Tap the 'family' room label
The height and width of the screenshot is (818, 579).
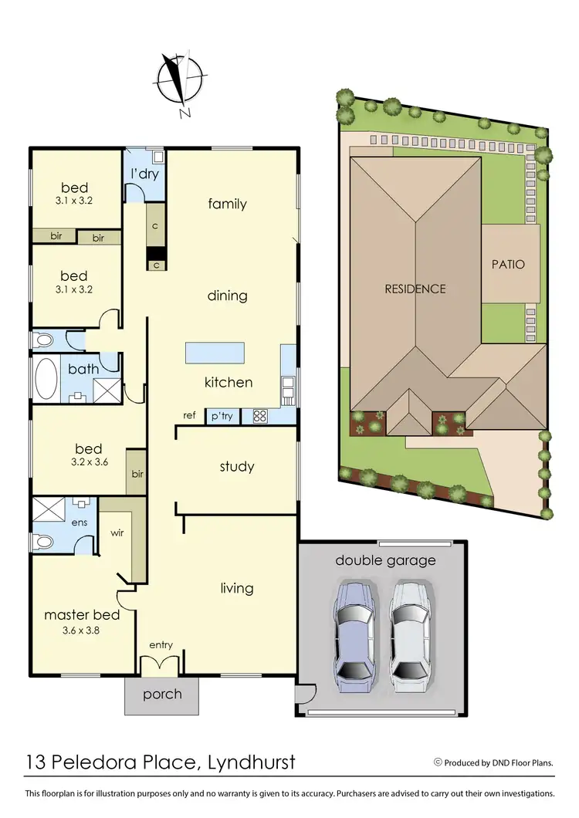(227, 204)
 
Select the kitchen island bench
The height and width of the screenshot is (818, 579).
(215, 353)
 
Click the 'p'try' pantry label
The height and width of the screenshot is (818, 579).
(222, 417)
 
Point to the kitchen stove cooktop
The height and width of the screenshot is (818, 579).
(259, 417)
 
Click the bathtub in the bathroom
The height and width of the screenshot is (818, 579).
(46, 380)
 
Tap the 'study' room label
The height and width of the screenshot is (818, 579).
(236, 467)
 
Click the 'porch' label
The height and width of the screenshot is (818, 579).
(162, 694)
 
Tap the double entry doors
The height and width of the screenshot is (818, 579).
(160, 664)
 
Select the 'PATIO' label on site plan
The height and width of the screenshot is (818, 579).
(508, 264)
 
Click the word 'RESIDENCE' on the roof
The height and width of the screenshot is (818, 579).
(415, 289)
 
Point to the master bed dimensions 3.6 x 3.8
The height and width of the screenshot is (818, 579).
(82, 630)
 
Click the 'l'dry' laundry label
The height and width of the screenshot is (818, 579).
(144, 174)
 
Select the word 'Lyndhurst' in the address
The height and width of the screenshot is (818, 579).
(252, 762)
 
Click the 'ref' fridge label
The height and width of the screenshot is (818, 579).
(189, 416)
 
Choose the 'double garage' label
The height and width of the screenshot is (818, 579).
(385, 560)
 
